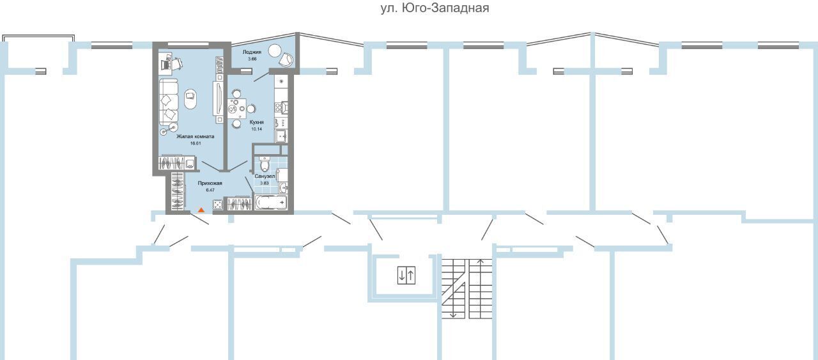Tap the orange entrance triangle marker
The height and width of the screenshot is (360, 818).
(x=201, y=210)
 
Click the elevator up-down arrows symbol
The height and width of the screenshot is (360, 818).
(x=406, y=275)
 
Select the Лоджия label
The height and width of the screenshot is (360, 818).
(x=252, y=52)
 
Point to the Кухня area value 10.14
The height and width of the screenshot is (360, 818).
(x=256, y=129)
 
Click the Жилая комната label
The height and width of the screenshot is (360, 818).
(x=196, y=136)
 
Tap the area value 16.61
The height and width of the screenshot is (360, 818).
(x=196, y=143)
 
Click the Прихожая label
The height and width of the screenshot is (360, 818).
(x=210, y=183)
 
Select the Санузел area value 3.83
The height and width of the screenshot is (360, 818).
(x=264, y=183)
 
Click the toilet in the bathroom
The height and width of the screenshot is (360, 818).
(x=265, y=164)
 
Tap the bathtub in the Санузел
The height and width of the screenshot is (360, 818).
(x=271, y=202)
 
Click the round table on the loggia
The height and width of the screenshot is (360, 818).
(x=274, y=51)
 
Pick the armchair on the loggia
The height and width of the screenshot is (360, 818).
(x=286, y=59)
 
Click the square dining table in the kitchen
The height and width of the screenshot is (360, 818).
(x=236, y=108)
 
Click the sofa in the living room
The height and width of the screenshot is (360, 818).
(x=168, y=101)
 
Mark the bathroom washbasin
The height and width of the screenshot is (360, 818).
(x=283, y=188)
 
